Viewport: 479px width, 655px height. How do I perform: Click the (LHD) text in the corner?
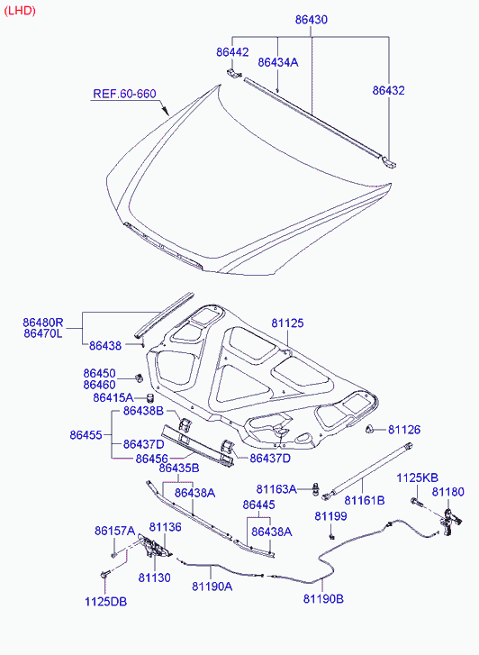click(x=20, y=11)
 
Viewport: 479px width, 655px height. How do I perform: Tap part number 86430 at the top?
click(x=312, y=20)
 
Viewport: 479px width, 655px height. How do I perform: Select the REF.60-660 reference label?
click(x=124, y=94)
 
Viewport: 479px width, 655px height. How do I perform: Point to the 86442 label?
click(x=232, y=52)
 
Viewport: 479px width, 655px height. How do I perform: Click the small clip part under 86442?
click(x=234, y=74)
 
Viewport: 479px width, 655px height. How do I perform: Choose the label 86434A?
click(x=278, y=62)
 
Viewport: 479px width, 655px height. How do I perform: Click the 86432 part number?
click(x=388, y=90)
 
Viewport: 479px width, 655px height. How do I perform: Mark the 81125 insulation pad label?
click(x=288, y=323)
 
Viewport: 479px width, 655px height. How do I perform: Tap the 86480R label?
click(x=43, y=323)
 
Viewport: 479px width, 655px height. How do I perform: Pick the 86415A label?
click(x=113, y=397)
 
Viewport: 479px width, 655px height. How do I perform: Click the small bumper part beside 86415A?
click(x=150, y=397)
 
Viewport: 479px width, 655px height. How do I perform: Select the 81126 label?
click(x=404, y=430)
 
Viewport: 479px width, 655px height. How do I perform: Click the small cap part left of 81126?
click(x=370, y=429)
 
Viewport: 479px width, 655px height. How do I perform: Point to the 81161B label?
click(x=365, y=500)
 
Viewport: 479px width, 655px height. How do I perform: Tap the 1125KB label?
click(x=417, y=478)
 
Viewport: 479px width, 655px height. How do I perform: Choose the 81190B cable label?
click(x=323, y=598)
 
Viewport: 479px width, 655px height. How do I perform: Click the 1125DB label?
click(x=105, y=602)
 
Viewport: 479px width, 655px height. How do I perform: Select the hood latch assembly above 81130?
click(x=154, y=547)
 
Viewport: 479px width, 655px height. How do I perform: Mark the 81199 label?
click(x=330, y=516)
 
